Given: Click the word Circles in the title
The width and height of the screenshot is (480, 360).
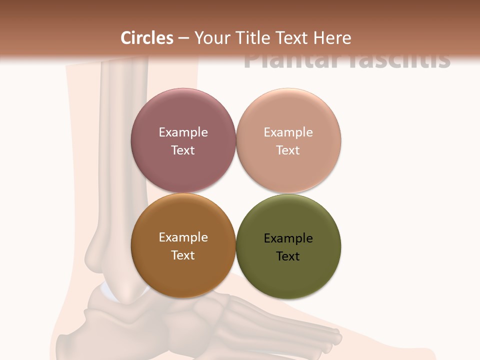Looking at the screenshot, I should [x=147, y=38].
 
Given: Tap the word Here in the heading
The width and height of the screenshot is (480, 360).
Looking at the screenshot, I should [x=332, y=38].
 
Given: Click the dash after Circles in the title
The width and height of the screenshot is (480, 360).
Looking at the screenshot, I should [x=183, y=38].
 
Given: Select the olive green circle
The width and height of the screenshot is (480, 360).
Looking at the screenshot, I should [x=288, y=275].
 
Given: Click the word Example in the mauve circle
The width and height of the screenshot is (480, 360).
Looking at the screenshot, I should [x=183, y=132].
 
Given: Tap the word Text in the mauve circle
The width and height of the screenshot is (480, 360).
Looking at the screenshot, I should [x=183, y=150].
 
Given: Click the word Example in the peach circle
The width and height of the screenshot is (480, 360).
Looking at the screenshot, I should [x=288, y=132].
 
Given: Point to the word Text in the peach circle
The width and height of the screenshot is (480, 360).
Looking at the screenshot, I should [x=288, y=150].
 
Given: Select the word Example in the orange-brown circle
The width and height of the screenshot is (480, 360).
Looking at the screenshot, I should [x=183, y=237].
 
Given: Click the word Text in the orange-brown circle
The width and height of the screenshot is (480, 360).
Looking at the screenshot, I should [x=183, y=255].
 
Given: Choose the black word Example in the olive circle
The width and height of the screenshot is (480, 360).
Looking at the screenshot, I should [x=288, y=238].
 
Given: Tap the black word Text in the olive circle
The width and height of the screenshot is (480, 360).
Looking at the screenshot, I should [x=288, y=256].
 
